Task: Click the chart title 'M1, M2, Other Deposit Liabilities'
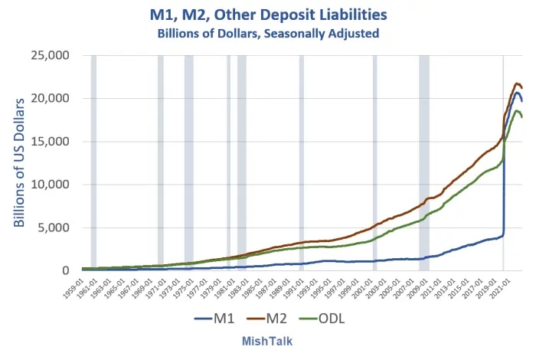pos(268,15)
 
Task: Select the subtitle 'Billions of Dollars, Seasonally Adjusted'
pos(268,33)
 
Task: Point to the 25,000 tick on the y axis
pos(50,56)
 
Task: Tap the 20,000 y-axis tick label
pos(50,99)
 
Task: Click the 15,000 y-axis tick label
pos(50,142)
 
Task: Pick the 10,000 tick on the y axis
pos(50,185)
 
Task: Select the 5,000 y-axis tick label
pos(54,227)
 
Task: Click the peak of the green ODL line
pos(517,111)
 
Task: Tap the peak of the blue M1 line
pos(518,93)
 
